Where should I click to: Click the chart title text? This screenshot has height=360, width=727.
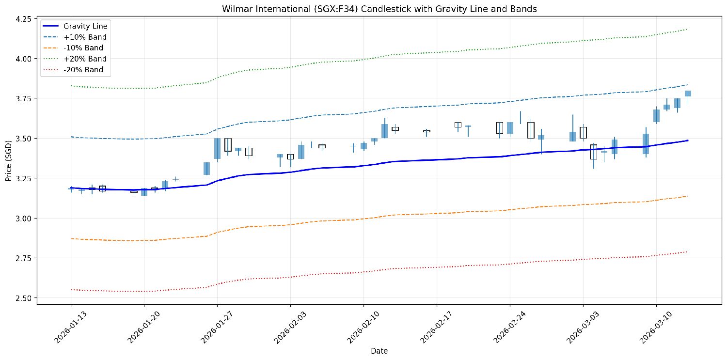pyautogui.click(x=363, y=9)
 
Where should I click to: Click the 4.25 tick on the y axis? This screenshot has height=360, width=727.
pyautogui.click(x=24, y=19)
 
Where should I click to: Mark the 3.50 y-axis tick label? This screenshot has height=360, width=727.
pyautogui.click(x=24, y=139)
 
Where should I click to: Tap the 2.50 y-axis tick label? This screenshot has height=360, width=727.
pyautogui.click(x=24, y=298)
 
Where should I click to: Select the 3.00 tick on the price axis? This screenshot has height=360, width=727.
pyautogui.click(x=24, y=219)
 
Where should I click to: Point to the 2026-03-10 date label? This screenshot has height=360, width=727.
pyautogui.click(x=655, y=325)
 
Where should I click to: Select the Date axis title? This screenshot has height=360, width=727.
pyautogui.click(x=379, y=351)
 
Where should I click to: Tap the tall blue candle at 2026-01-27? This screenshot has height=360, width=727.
pyautogui.click(x=217, y=148)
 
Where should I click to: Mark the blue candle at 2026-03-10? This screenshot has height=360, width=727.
pyautogui.click(x=656, y=116)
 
